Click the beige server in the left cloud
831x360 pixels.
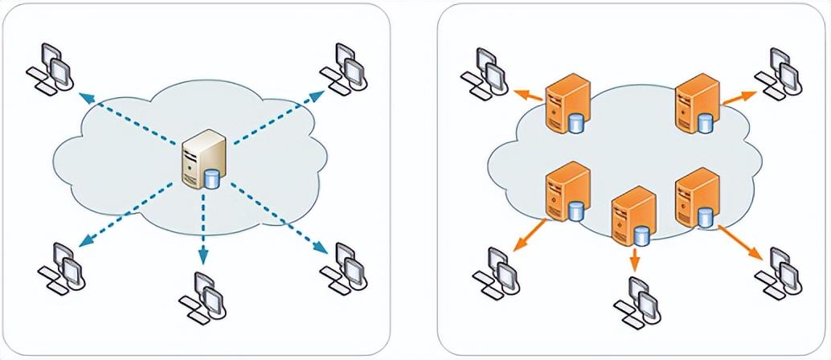click(x=199, y=161)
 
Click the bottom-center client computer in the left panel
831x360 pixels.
click(x=202, y=295)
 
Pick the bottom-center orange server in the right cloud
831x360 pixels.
click(x=630, y=215)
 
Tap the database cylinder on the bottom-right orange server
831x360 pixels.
click(x=706, y=215)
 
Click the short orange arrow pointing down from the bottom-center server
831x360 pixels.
click(x=635, y=259)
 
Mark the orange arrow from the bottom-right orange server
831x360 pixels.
click(x=741, y=243)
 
